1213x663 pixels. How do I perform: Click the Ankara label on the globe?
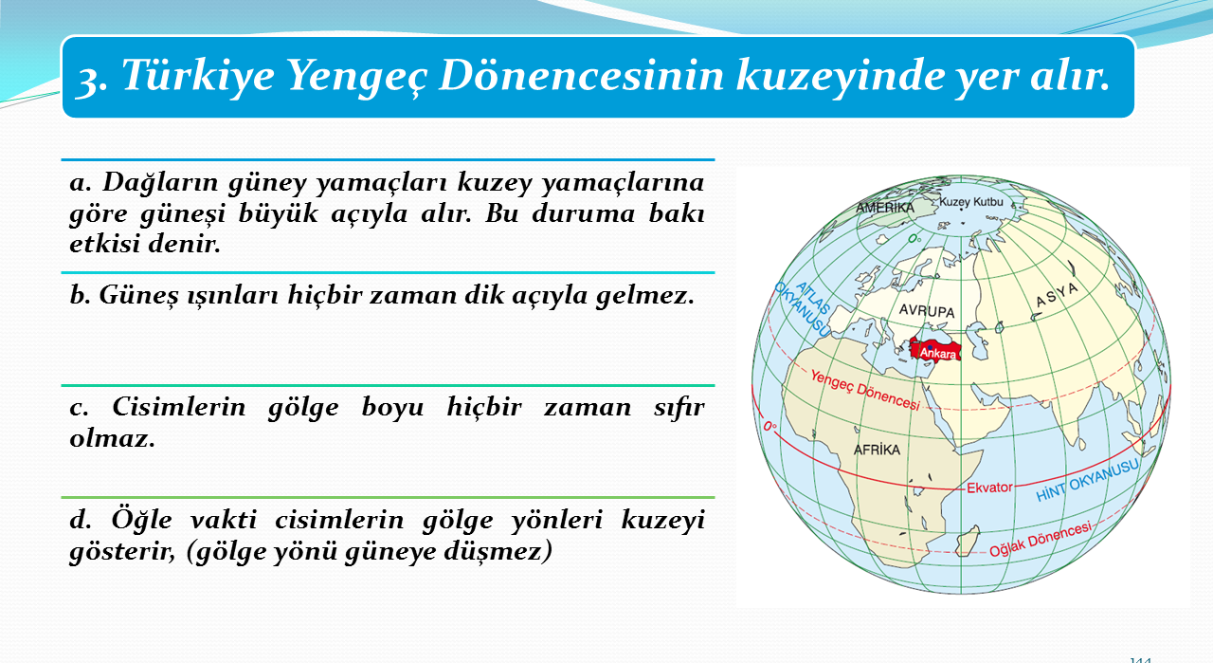(938, 354)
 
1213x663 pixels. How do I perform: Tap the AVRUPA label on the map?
(927, 310)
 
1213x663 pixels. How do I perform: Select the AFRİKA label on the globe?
(877, 450)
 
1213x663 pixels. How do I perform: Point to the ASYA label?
(1057, 295)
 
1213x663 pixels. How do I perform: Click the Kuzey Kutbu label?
(971, 202)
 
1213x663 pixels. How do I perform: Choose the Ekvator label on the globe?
(989, 488)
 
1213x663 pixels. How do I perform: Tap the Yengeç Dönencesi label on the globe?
(865, 390)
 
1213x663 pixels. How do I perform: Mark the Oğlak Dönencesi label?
(1041, 540)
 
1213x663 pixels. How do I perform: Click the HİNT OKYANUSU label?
(1087, 480)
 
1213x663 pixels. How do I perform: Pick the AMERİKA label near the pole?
(885, 207)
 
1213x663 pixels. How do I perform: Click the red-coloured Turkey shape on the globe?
(935, 349)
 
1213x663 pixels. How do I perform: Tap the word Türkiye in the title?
(198, 75)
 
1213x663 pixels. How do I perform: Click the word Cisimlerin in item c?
(179, 407)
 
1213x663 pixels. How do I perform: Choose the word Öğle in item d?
(142, 521)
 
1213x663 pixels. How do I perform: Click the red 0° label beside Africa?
(770, 427)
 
